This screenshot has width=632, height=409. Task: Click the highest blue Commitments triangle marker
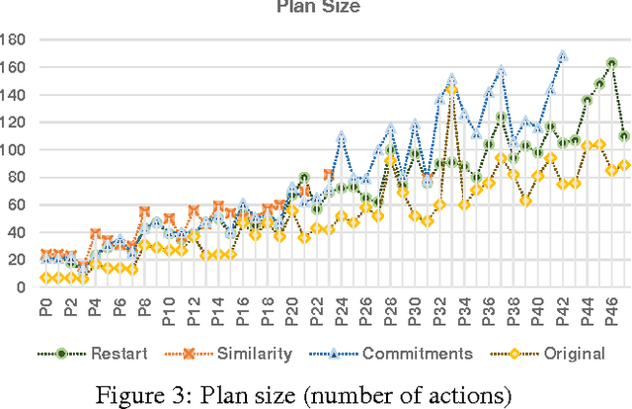(x=563, y=56)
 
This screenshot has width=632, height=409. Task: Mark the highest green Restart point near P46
(x=612, y=62)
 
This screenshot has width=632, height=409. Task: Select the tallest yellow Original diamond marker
(x=451, y=88)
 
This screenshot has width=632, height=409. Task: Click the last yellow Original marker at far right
(x=624, y=165)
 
